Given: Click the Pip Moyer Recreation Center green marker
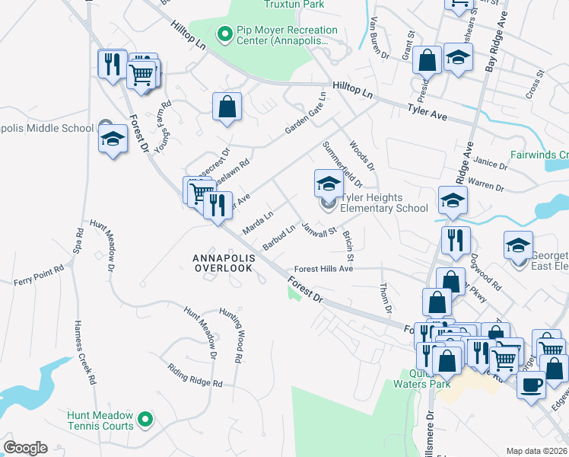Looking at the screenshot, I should click(x=225, y=34).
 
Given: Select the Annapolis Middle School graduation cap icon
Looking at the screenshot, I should click(x=113, y=139).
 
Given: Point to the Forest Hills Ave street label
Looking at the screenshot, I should click(x=324, y=269).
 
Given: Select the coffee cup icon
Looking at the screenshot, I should click(x=531, y=382).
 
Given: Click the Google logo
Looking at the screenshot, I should click(x=25, y=448).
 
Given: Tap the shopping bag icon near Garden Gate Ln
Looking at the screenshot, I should click(x=227, y=107).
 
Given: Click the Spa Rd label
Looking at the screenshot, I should click(x=78, y=241).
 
